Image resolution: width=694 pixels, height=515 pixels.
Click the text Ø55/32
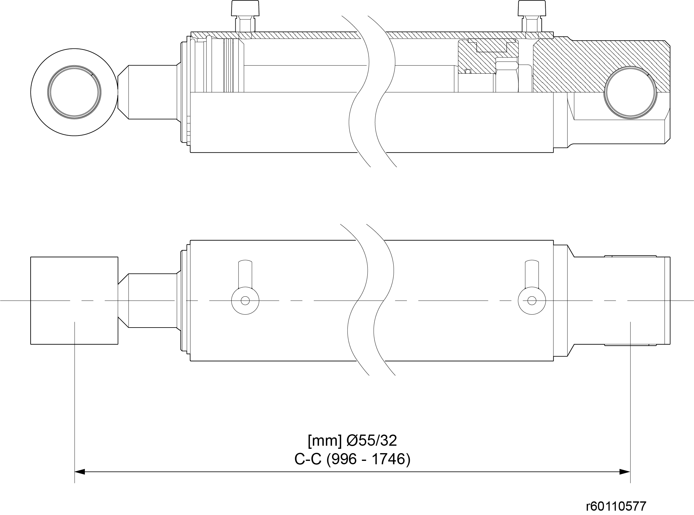pos(372,440)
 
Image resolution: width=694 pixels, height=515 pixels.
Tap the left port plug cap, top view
pos(245,8)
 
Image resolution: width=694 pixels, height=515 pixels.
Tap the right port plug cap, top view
pos(532,8)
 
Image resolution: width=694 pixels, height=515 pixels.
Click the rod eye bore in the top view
pos(74,92)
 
